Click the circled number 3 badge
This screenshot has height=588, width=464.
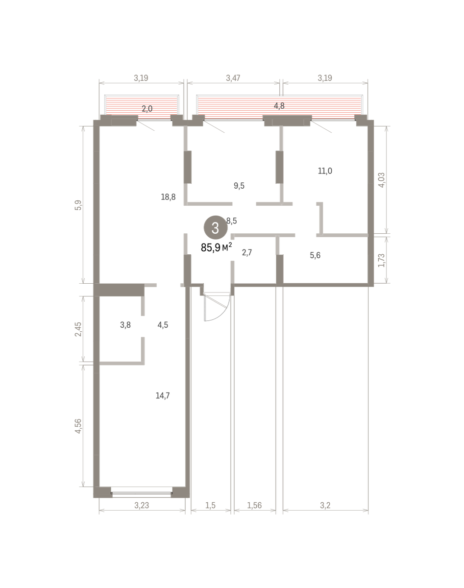point(216,227)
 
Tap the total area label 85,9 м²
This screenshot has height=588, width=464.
point(217,247)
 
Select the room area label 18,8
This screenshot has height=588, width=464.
point(168,197)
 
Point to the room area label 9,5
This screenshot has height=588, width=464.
point(239,186)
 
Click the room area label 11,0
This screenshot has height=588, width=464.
point(325,171)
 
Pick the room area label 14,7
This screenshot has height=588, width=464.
point(163,395)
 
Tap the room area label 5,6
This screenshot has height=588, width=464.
point(315,255)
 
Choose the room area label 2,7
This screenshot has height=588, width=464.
point(247,252)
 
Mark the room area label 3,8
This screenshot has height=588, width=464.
point(125,325)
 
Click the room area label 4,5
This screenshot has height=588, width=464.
point(163,325)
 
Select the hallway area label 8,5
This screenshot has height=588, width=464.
point(231,221)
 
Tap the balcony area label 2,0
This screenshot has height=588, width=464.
point(147,109)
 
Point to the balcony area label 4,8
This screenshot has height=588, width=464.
point(279,106)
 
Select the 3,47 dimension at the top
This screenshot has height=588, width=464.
point(233,78)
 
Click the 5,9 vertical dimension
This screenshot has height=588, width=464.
point(78,205)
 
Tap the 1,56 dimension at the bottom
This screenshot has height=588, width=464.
point(254,505)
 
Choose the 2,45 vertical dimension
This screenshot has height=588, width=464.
point(78,329)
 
